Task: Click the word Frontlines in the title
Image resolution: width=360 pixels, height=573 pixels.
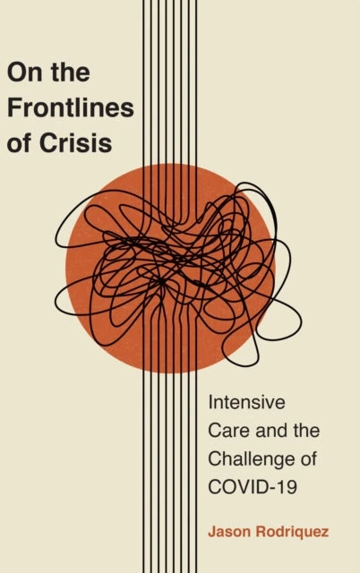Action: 71,107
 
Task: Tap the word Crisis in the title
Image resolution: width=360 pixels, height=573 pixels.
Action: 75,142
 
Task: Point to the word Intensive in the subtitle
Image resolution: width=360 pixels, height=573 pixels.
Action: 246,402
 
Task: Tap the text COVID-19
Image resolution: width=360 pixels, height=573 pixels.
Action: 253,487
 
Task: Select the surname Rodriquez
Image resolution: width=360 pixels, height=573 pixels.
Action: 292,532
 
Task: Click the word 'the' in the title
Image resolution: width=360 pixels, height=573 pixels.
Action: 71,72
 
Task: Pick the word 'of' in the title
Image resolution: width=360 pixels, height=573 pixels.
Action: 20,142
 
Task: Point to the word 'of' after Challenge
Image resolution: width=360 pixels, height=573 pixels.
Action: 309,459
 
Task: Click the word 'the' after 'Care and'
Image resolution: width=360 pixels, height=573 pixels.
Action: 306,430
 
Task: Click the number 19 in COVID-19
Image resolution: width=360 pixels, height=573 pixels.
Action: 287,487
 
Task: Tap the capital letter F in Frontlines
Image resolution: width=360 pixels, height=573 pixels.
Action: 14,107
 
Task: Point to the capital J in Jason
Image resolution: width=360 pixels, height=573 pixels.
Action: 212,531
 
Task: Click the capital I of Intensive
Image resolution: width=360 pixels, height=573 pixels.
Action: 210,402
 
